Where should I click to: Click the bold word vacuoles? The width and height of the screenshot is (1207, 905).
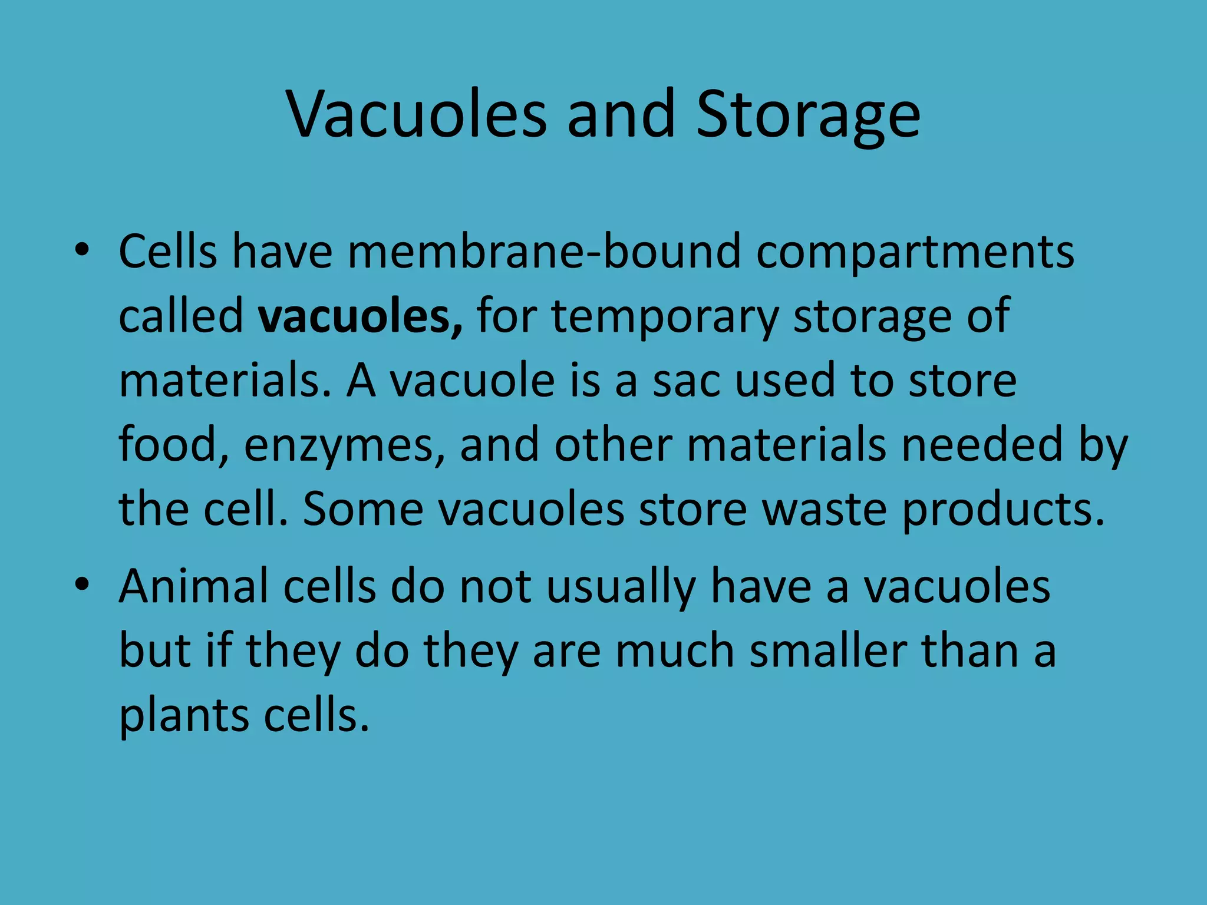click(x=360, y=316)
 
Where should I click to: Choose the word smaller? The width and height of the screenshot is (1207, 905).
click(x=827, y=651)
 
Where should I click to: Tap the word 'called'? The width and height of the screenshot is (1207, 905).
click(x=181, y=316)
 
